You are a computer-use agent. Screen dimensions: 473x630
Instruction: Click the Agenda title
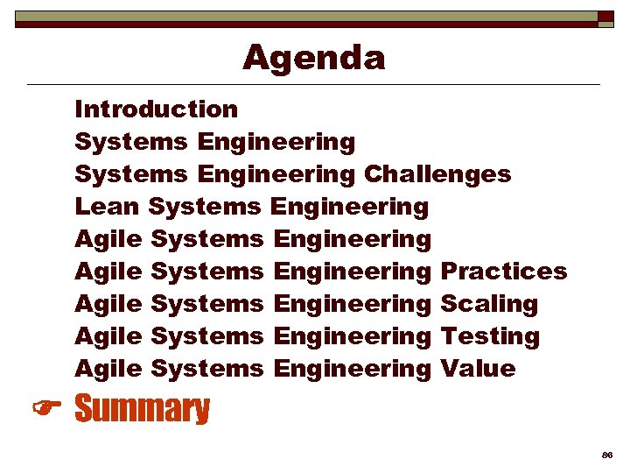tap(313, 58)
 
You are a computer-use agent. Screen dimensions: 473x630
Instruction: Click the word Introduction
tap(156, 109)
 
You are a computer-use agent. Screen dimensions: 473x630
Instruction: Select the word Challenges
tap(437, 174)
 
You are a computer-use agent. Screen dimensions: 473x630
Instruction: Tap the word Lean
tap(108, 207)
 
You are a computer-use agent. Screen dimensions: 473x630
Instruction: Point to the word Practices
tap(503, 272)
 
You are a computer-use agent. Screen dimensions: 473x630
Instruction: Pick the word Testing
tap(489, 336)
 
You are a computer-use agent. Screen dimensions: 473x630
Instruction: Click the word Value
tap(478, 369)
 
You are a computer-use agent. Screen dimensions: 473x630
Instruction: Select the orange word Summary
tap(143, 409)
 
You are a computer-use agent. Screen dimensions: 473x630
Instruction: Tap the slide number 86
tap(606, 456)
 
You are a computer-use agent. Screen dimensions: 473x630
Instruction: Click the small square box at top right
tap(605, 18)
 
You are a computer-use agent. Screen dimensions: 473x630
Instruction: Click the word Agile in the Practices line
tap(108, 272)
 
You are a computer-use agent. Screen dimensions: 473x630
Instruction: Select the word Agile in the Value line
tap(108, 369)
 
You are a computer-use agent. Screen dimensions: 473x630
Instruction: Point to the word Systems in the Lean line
tap(205, 207)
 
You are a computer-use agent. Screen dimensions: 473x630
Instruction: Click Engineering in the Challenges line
tap(276, 174)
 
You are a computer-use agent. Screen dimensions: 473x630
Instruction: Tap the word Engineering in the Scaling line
tap(352, 304)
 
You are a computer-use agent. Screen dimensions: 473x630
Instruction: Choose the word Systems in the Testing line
tap(206, 336)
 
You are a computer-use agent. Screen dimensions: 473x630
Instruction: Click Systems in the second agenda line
tap(131, 142)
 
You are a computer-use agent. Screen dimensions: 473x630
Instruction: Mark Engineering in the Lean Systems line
tap(350, 207)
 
